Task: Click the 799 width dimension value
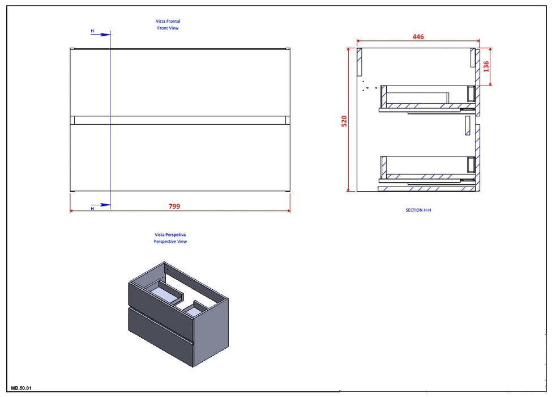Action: (174, 206)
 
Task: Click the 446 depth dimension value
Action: (418, 37)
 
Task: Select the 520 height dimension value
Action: (344, 121)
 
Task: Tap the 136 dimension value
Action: (486, 66)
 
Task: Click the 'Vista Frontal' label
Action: (168, 21)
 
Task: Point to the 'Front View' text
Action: (168, 28)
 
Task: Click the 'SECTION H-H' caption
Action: (418, 210)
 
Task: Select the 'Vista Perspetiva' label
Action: (170, 234)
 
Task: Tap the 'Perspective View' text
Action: (170, 242)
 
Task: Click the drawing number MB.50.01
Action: (22, 388)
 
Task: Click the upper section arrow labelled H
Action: (101, 34)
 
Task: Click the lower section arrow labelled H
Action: (101, 205)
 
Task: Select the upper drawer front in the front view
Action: (180, 82)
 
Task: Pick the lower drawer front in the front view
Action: (180, 158)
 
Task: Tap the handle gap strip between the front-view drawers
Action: (180, 120)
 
